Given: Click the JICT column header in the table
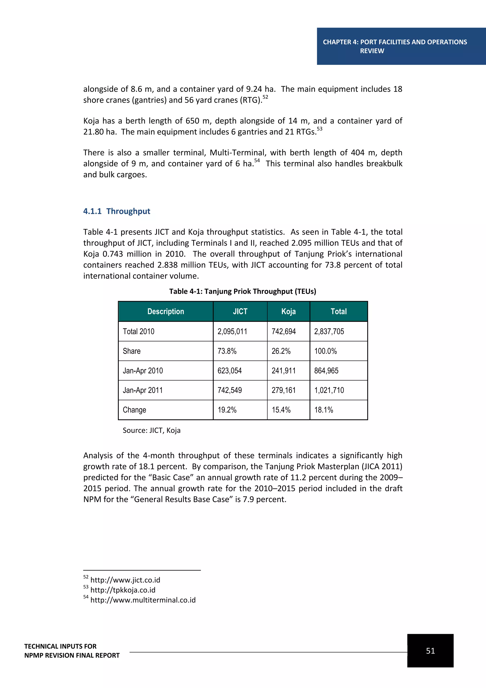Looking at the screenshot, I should (x=240, y=311).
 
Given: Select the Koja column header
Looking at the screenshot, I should (x=288, y=311).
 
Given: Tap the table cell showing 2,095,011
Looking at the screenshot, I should (x=232, y=331).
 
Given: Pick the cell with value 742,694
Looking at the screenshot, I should (x=283, y=331).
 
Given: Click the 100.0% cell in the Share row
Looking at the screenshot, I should (x=325, y=351).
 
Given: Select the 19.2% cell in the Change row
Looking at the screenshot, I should (x=227, y=410).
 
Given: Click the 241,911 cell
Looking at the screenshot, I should (x=283, y=371).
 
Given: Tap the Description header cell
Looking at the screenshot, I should (x=165, y=311).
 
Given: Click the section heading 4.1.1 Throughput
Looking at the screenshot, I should (x=117, y=211).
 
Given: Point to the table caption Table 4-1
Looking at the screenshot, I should (x=242, y=291).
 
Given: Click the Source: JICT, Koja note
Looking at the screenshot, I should (x=151, y=430).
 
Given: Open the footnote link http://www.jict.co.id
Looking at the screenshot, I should (x=125, y=580).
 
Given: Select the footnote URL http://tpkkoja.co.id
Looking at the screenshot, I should (x=123, y=590).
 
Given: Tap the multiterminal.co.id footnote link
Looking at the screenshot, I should (x=143, y=600).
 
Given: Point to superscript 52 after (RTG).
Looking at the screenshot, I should (x=265, y=97).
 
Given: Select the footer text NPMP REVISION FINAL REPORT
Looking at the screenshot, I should (x=72, y=655).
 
